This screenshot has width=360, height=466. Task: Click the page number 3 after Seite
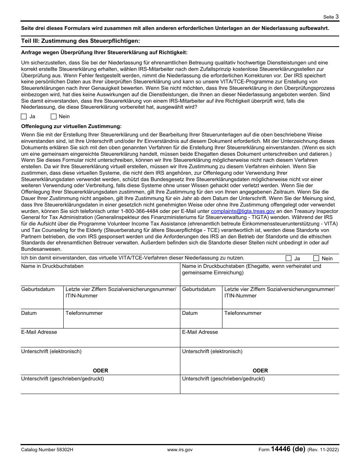coord(337,16)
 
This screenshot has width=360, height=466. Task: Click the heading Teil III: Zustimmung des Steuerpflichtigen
coord(80,41)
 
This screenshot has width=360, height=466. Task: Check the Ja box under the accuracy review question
coord(24,117)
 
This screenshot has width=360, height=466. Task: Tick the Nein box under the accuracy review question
coord(53,117)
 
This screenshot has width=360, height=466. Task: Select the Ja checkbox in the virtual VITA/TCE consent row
coord(289,258)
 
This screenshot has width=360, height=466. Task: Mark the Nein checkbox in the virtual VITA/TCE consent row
coord(316,258)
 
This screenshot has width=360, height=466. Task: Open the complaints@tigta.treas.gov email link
coord(243,211)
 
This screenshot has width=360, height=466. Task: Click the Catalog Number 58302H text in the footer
coord(47,450)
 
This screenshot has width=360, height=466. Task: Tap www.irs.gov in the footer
coord(180,450)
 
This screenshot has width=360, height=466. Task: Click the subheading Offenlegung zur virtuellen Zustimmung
coord(71,126)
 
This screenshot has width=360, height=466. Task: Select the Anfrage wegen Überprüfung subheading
coord(104,53)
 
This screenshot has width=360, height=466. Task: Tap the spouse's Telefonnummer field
coord(280,321)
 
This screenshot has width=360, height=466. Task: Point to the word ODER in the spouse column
coord(260,371)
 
